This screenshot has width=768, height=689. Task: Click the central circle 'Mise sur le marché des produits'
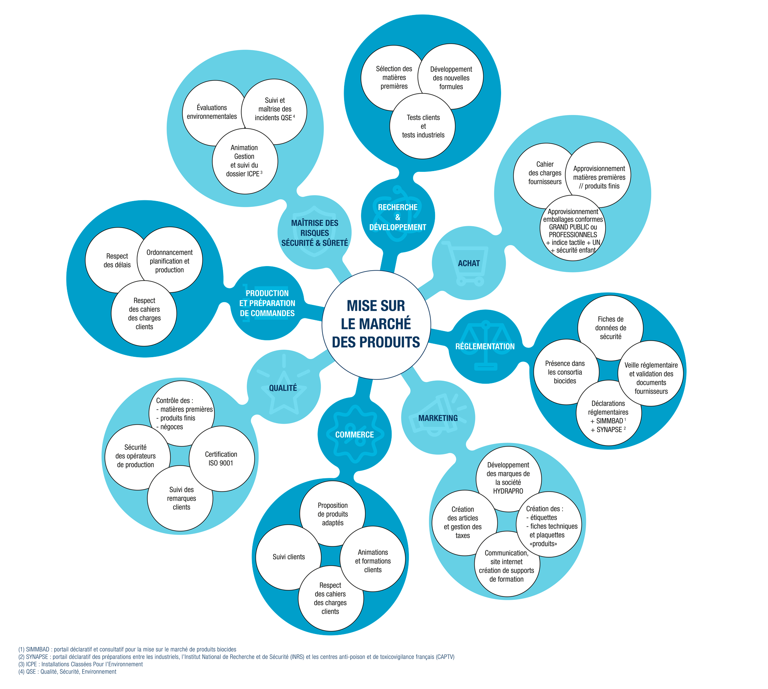(376, 325)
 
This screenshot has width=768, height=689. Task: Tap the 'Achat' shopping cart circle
(468, 263)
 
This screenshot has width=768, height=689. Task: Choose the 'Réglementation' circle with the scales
(485, 346)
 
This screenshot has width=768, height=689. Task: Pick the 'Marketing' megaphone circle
(438, 418)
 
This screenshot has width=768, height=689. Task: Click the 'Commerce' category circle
(354, 434)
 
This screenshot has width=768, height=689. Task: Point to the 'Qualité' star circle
(283, 388)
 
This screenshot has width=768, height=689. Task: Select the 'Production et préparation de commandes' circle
(267, 303)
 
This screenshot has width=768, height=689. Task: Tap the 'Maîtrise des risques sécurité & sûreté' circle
(314, 233)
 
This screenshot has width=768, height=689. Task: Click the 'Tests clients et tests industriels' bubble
(423, 126)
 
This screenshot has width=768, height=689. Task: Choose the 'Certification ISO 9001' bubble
(221, 459)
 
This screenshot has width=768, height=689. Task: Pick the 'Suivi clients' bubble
(288, 557)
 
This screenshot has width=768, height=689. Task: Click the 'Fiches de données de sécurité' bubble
(611, 328)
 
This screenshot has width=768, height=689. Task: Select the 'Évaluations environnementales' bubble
(212, 112)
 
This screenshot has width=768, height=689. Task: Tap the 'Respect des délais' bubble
(117, 260)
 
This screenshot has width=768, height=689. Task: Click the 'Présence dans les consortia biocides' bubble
(564, 372)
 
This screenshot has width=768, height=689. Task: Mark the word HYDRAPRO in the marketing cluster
(508, 491)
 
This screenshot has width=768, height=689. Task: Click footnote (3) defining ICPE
(81, 664)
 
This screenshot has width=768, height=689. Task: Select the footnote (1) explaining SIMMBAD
(127, 649)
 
